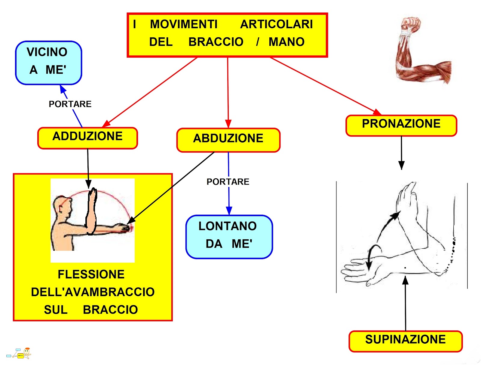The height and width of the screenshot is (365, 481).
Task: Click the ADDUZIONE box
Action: tap(87, 138)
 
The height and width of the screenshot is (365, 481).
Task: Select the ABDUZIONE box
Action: tap(228, 140)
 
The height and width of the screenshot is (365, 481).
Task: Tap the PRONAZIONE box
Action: tap(401, 125)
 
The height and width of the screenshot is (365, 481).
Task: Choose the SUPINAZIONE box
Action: tap(405, 341)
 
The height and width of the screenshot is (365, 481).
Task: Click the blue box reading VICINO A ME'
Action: tap(48, 63)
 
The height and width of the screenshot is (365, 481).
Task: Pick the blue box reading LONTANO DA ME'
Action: tap(229, 237)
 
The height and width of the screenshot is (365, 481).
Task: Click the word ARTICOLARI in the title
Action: tap(276, 24)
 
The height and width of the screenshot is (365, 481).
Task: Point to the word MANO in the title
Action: tap(286, 42)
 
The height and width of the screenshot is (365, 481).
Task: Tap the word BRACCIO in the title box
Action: tap(216, 42)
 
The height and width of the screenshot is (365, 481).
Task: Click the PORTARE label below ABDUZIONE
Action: tap(228, 182)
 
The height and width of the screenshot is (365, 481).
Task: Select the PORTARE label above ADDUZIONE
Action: tap(70, 104)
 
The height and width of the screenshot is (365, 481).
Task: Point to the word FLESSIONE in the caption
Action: tap(91, 274)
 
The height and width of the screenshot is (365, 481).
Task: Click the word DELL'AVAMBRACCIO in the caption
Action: tap(93, 292)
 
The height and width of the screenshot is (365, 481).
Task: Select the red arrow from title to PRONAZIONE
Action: tap(325, 85)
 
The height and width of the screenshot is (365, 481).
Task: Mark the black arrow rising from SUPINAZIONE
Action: tap(405, 304)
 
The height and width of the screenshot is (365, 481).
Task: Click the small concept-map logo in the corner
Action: tap(20, 354)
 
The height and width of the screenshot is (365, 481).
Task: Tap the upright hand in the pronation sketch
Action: tap(407, 198)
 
